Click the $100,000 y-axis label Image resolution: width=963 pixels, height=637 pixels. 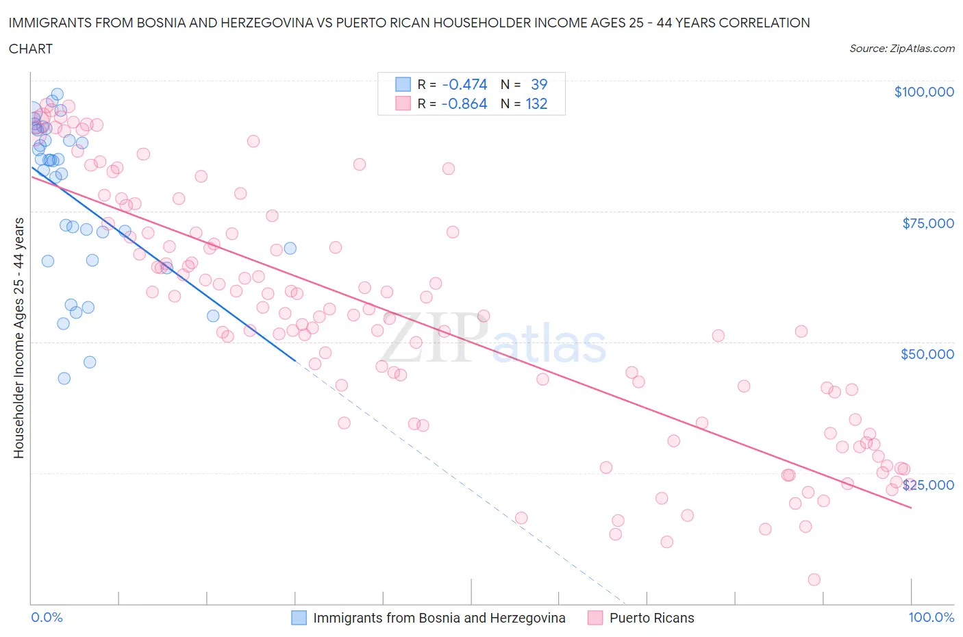[923, 92]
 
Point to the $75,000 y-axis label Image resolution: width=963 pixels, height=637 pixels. [927, 223]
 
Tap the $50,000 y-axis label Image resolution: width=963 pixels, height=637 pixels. [927, 354]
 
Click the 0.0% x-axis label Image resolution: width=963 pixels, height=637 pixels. [47, 617]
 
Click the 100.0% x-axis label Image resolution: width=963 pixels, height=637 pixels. [931, 617]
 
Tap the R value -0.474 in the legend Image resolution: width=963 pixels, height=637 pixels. [464, 84]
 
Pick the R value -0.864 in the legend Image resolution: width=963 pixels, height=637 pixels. [464, 103]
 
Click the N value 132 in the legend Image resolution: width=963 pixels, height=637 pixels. [536, 103]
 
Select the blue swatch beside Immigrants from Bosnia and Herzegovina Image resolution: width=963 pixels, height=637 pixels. [299, 618]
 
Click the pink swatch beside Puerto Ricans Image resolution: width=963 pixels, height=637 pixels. [595, 618]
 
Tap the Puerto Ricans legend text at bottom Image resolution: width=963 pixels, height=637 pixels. [651, 618]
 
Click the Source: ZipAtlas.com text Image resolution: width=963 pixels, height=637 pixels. [901, 48]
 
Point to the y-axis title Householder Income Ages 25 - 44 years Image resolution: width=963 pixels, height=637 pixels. [19, 338]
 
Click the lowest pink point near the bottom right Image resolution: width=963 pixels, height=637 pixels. [814, 579]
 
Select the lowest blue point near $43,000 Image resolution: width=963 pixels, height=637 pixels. [64, 378]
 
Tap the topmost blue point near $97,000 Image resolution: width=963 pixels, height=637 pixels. [58, 95]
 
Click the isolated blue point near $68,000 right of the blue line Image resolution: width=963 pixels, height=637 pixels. [290, 248]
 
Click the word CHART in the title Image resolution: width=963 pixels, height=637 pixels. [31, 49]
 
